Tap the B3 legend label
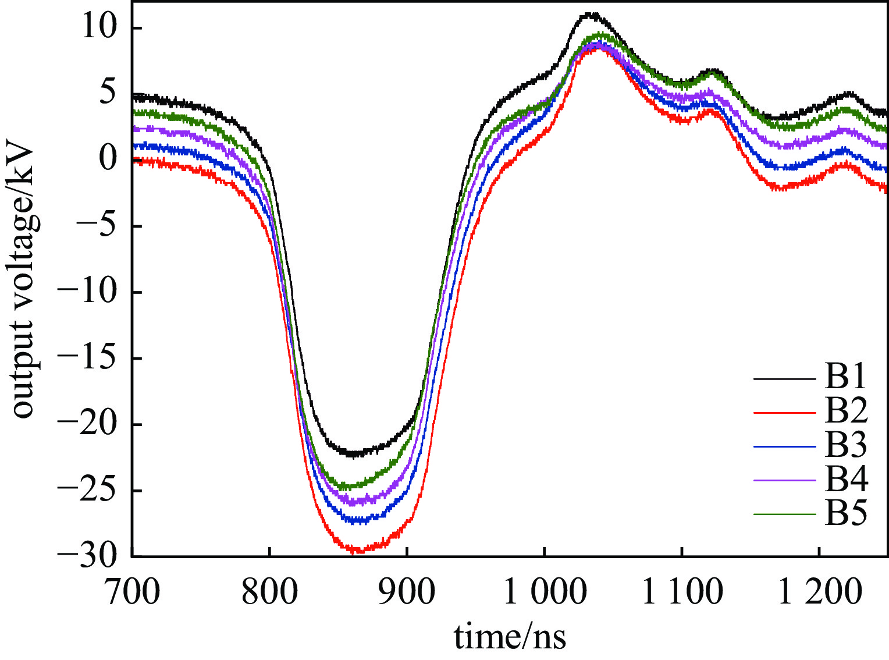coord(845,445)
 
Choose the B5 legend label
coord(845,513)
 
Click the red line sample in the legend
coord(784,413)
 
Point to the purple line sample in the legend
coord(784,481)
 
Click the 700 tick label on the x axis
coord(133,591)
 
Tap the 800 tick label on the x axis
coord(269,591)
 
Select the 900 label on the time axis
coord(407,591)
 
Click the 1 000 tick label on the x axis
coord(545,591)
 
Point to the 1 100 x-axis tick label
coord(682,591)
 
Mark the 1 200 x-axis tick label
coord(819,591)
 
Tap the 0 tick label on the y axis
coord(108,158)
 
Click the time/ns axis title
coord(510,637)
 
